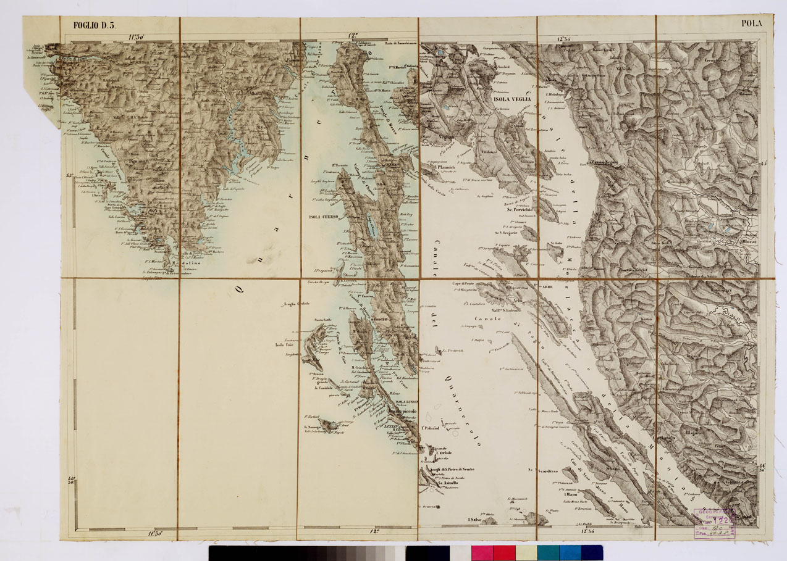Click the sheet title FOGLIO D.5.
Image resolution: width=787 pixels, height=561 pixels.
[90, 25]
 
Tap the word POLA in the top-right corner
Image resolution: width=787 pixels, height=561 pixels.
[752, 24]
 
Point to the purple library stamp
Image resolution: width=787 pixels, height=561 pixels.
[714, 523]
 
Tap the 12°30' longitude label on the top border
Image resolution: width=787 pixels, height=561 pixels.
[562, 39]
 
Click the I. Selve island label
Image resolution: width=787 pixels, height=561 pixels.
[474, 520]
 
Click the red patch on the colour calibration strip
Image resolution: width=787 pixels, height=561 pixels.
[504, 552]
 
